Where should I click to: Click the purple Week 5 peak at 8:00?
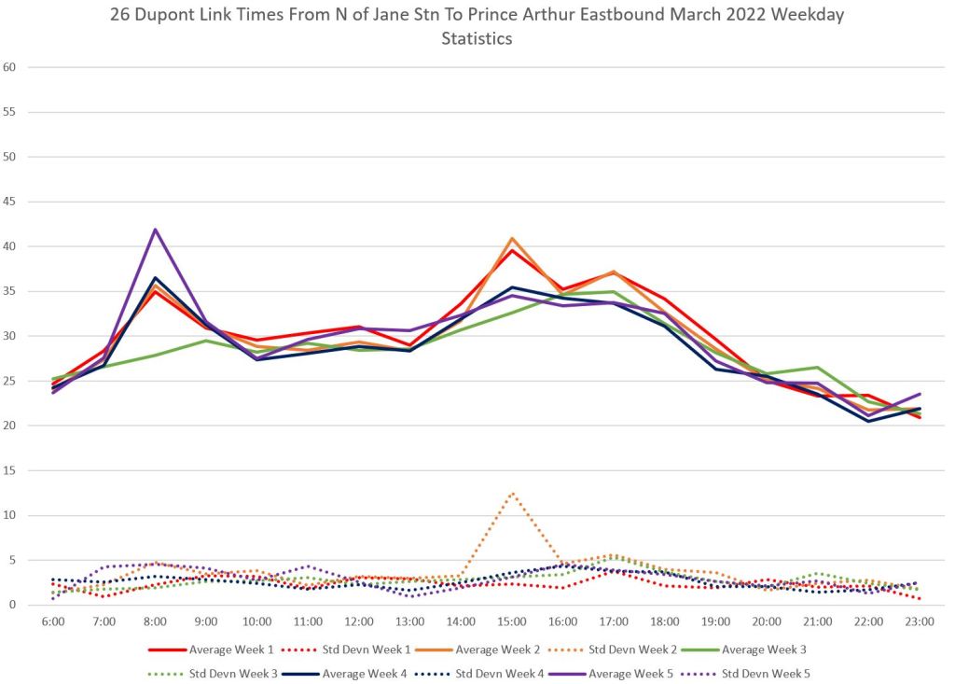(x=155, y=230)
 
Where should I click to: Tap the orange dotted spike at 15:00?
(x=512, y=493)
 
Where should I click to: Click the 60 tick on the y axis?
(x=10, y=67)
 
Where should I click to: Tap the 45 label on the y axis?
(x=10, y=202)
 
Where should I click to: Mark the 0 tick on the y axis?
(x=13, y=605)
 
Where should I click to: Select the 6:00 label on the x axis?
(x=53, y=621)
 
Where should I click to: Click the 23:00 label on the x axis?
(x=920, y=621)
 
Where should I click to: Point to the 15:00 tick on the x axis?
(x=512, y=621)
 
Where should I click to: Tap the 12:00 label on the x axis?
(x=359, y=621)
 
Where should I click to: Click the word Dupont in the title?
(x=162, y=16)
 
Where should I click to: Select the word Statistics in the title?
(x=477, y=39)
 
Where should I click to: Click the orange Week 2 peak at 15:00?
(x=512, y=239)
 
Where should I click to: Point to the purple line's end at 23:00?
(x=920, y=394)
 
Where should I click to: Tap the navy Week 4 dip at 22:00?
(x=869, y=421)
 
